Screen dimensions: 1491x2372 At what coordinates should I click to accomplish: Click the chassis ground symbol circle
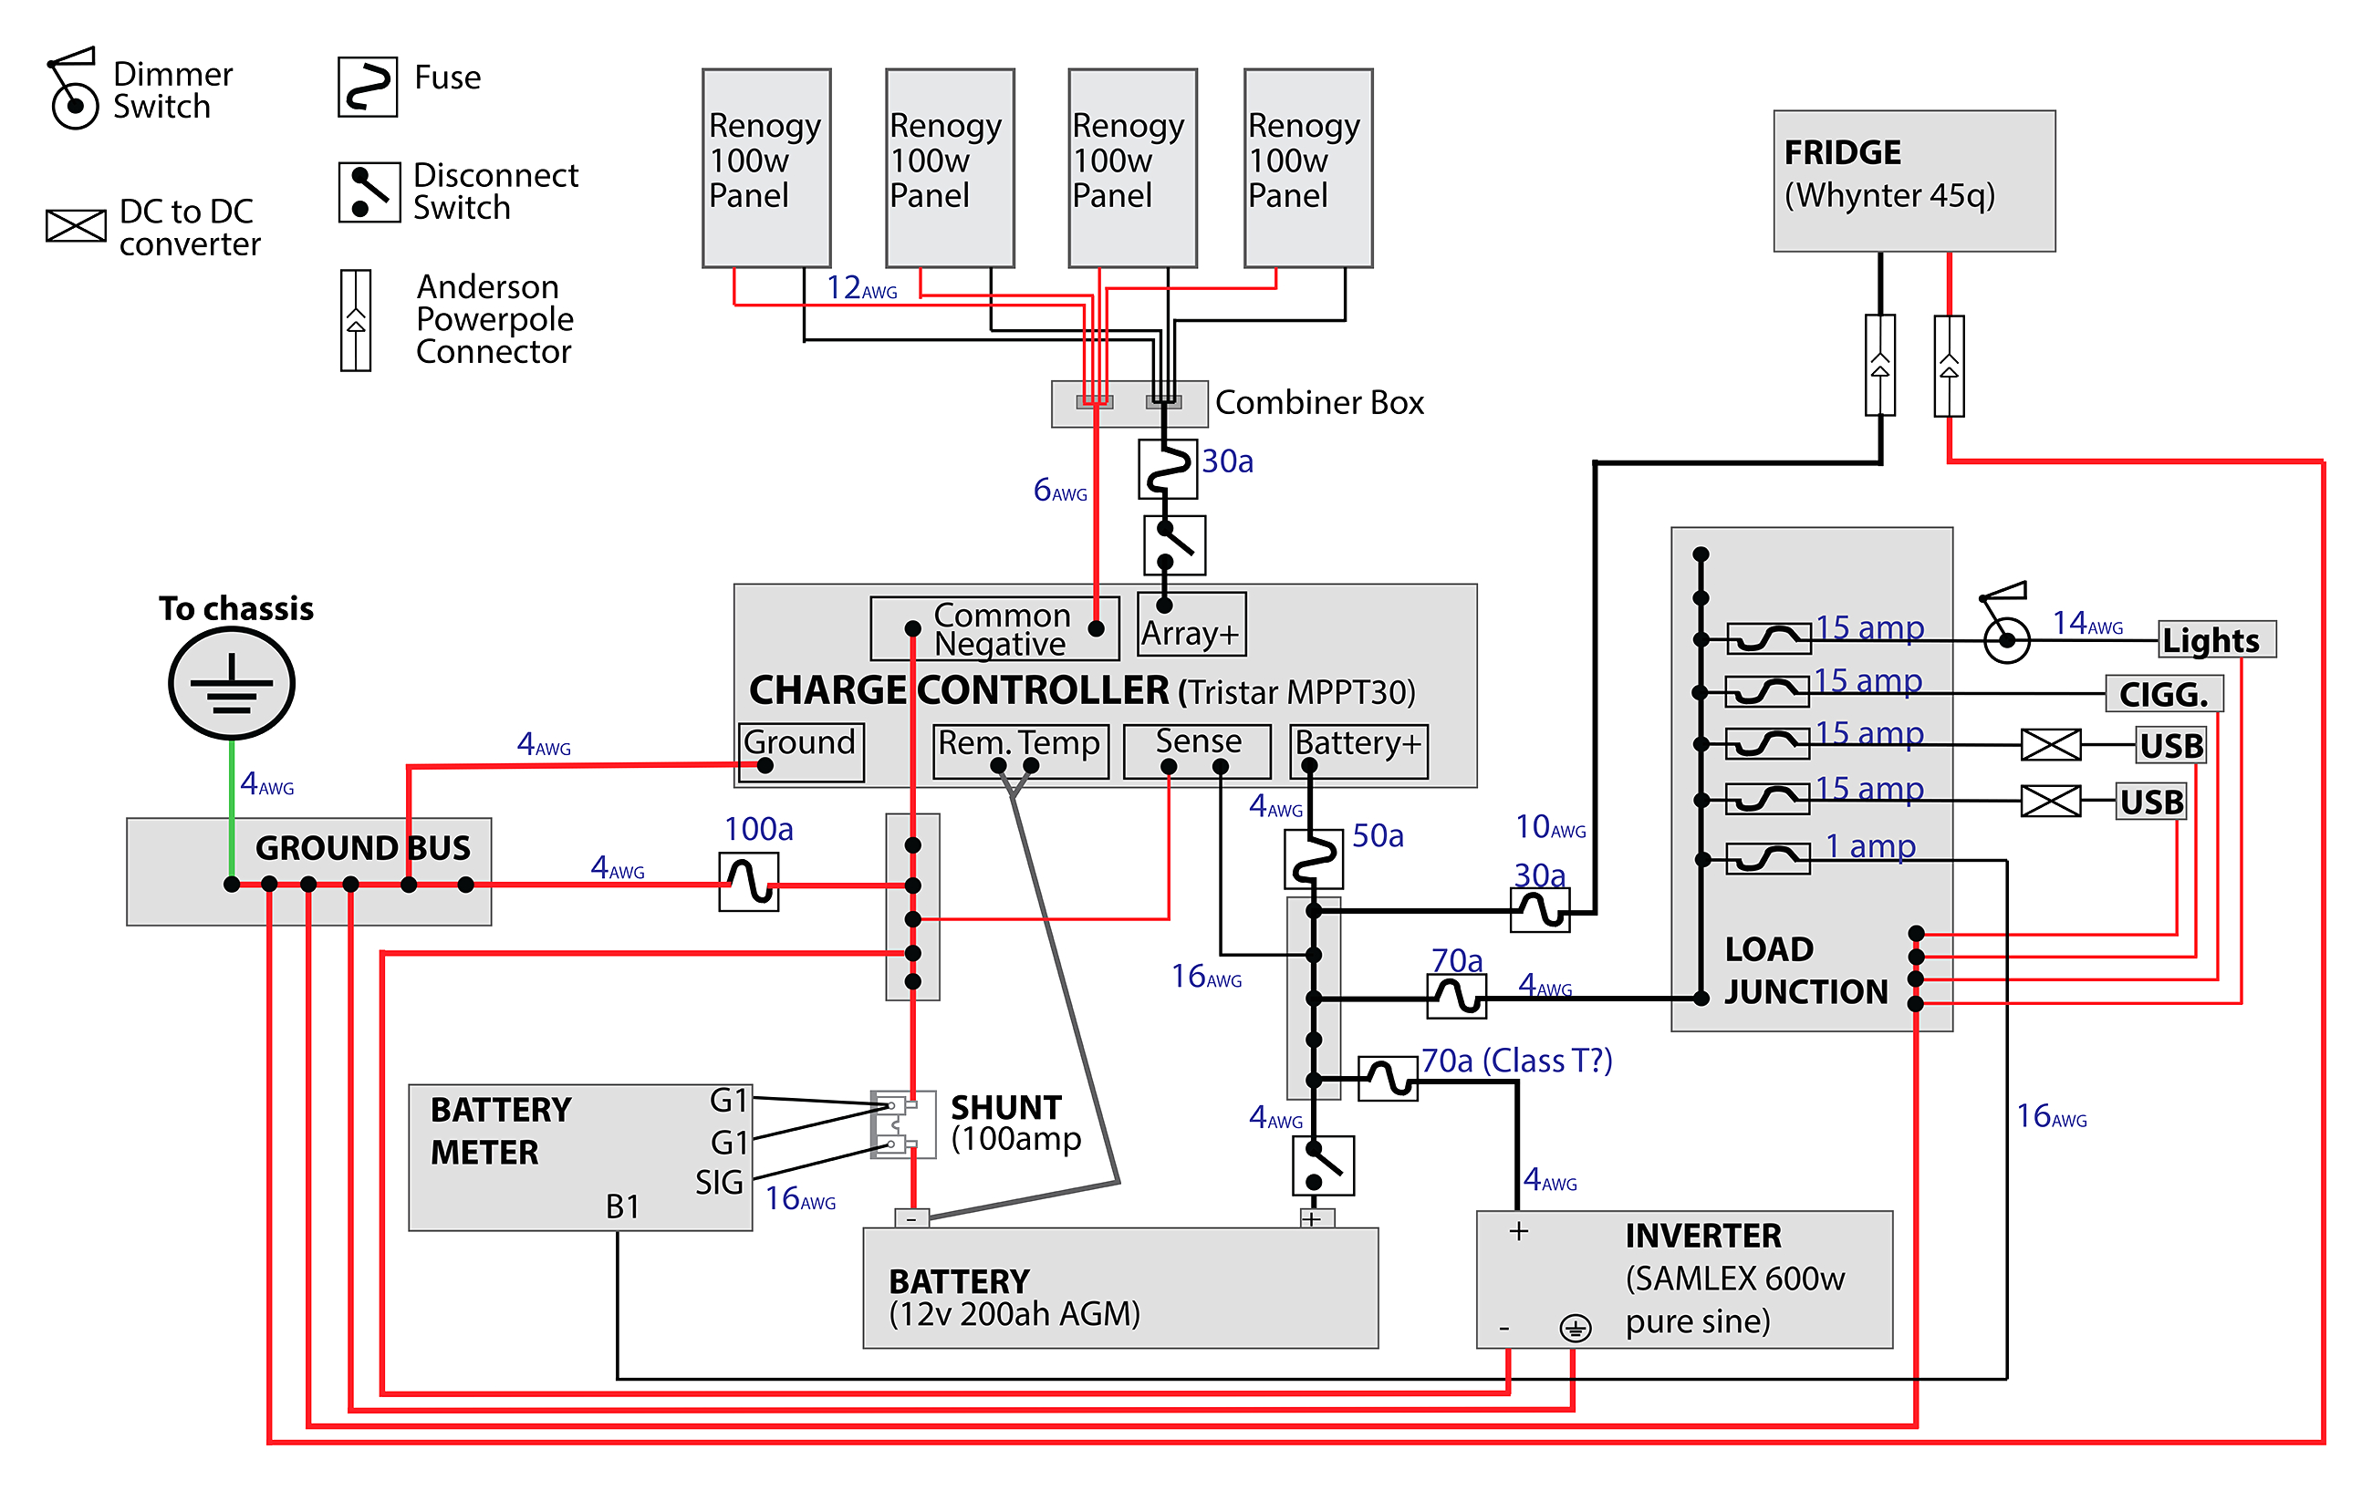[x=232, y=683]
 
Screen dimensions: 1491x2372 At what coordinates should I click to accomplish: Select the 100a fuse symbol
[x=749, y=882]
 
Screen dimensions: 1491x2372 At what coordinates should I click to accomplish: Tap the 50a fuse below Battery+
[x=1313, y=859]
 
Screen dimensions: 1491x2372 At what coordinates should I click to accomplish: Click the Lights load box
[x=2216, y=640]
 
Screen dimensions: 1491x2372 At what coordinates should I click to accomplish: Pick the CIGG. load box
[x=2163, y=694]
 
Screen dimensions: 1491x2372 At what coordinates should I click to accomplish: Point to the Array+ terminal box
[x=1191, y=626]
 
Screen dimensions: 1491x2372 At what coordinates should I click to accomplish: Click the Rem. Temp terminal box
[x=1020, y=751]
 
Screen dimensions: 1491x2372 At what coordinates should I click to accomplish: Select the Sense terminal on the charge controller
[x=1197, y=751]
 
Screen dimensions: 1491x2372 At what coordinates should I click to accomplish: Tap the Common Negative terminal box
[x=995, y=628]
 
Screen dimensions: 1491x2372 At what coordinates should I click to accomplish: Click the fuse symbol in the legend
[x=368, y=87]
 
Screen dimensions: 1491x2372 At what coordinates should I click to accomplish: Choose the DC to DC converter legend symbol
[x=76, y=225]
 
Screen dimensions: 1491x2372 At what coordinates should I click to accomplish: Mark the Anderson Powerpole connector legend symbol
[x=356, y=321]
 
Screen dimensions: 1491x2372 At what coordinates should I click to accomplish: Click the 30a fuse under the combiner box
[x=1169, y=469]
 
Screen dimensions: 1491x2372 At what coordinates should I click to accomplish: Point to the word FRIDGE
[x=1842, y=152]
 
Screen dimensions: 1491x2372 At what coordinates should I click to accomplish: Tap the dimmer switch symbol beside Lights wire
[x=2005, y=630]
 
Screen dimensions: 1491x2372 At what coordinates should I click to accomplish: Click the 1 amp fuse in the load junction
[x=1769, y=859]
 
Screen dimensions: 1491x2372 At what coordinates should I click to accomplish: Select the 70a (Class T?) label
[x=1516, y=1061]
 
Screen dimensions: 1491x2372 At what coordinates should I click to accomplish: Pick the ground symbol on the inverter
[x=1575, y=1329]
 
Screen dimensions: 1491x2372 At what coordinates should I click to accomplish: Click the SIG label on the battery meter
[x=719, y=1183]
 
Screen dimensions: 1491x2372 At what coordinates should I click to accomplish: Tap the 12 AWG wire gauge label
[x=861, y=287]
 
